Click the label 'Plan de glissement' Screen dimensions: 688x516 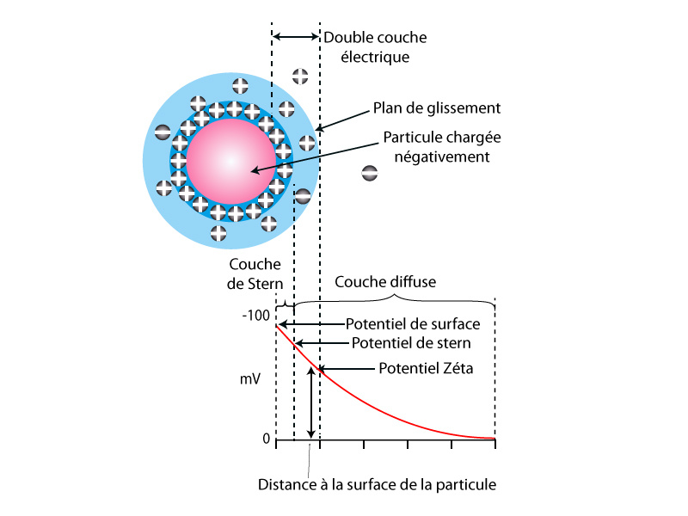pyautogui.click(x=437, y=108)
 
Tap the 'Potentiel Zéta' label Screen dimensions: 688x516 pyautogui.click(x=426, y=368)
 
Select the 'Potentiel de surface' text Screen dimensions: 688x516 pyautogui.click(x=413, y=324)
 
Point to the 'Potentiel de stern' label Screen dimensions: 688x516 pyautogui.click(x=411, y=342)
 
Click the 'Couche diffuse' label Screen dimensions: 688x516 pyautogui.click(x=385, y=282)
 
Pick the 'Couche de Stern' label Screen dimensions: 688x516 pyautogui.click(x=255, y=273)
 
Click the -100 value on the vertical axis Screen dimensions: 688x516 pyautogui.click(x=255, y=315)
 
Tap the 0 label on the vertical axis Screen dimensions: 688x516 pyautogui.click(x=267, y=439)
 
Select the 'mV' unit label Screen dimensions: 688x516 pyautogui.click(x=250, y=378)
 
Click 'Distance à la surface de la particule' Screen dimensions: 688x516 pyautogui.click(x=377, y=484)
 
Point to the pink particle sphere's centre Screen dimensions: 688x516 pyautogui.click(x=231, y=162)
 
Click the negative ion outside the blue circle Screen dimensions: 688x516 pyautogui.click(x=370, y=174)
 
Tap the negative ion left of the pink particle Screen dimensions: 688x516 pyautogui.click(x=163, y=132)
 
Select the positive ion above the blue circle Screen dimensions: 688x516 pyautogui.click(x=300, y=76)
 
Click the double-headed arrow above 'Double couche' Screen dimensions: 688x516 pyautogui.click(x=296, y=37)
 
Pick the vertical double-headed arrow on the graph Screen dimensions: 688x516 pyautogui.click(x=310, y=402)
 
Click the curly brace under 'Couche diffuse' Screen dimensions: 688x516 pyautogui.click(x=395, y=299)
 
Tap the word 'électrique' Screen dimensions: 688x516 pyautogui.click(x=375, y=57)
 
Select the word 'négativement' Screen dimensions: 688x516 pyautogui.click(x=442, y=157)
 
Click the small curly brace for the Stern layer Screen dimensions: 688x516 pyautogui.click(x=285, y=305)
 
